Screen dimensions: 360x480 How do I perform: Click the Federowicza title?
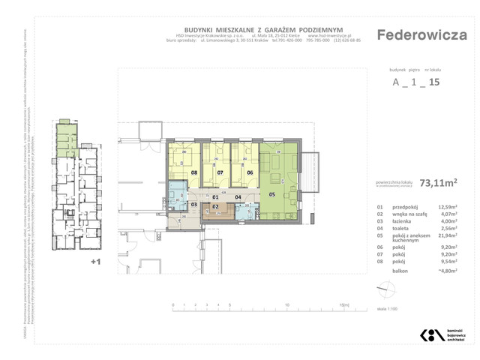[421, 35]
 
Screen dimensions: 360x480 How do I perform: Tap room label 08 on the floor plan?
[193, 172]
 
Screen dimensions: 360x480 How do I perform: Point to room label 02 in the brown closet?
[215, 205]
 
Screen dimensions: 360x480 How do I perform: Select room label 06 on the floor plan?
[250, 172]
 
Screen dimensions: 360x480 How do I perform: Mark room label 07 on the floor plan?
[220, 172]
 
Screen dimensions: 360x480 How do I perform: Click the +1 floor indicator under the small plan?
[94, 262]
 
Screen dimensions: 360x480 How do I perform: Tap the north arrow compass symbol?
[383, 288]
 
